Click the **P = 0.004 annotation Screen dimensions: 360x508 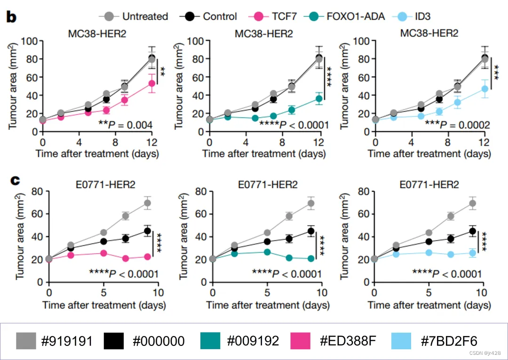click(x=125, y=125)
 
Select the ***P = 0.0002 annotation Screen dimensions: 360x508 click(x=451, y=125)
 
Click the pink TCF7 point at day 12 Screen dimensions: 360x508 click(x=152, y=83)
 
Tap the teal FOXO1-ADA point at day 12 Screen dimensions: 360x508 click(x=319, y=99)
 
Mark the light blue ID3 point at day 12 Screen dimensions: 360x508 click(x=484, y=89)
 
